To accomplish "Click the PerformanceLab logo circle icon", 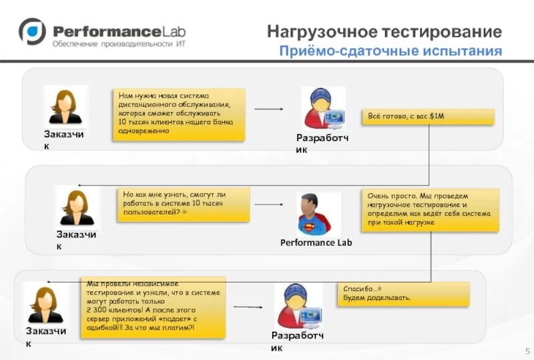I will (31, 31).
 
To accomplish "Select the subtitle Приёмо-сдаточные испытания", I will (390, 51).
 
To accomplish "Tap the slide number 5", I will (527, 351).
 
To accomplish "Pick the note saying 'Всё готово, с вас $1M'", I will (428, 117).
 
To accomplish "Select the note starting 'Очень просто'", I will (431, 210).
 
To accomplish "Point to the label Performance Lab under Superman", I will (316, 242).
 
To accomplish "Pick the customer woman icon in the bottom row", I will (45, 303).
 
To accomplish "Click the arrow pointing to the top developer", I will (269, 109).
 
